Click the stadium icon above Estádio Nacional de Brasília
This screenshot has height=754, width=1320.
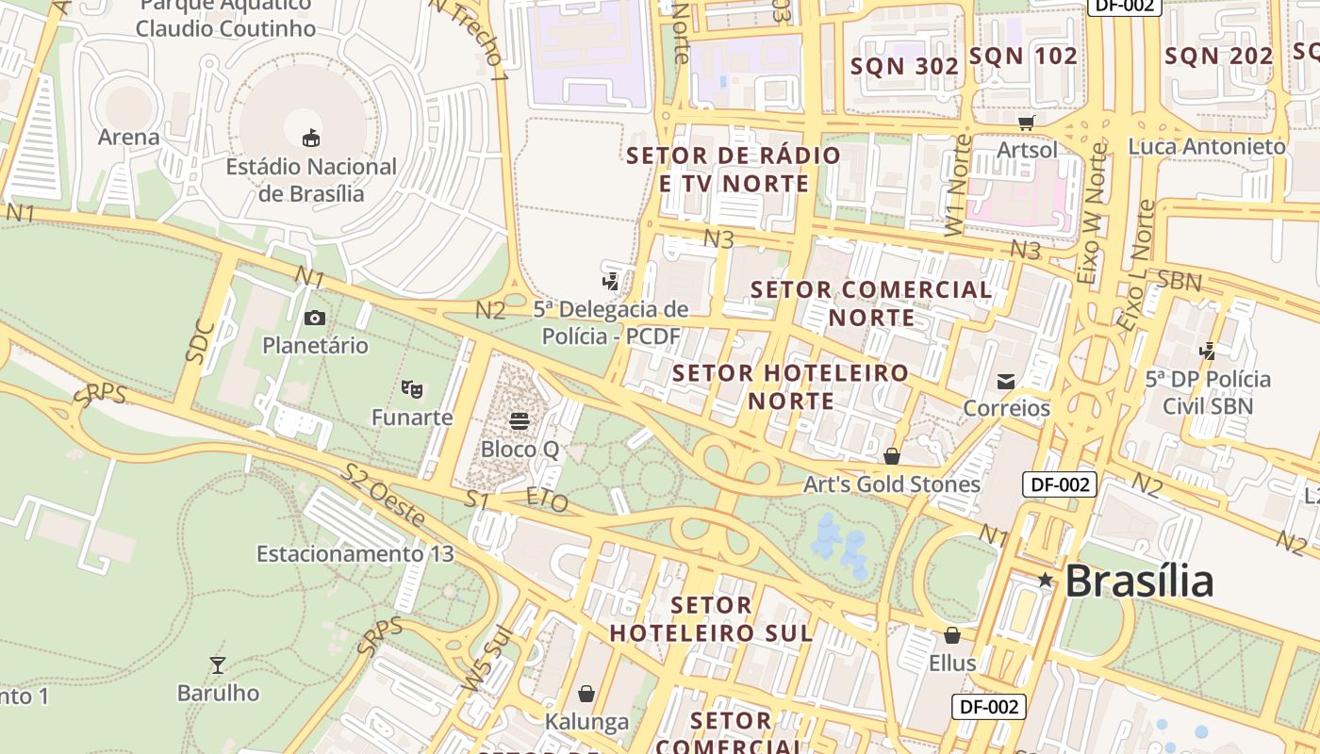pyautogui.click(x=310, y=139)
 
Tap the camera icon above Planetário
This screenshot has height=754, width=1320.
pyautogui.click(x=315, y=318)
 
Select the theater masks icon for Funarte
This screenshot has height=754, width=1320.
pyautogui.click(x=411, y=388)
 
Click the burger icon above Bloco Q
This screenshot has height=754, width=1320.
pyautogui.click(x=520, y=420)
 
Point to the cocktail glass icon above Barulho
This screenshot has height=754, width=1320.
pyautogui.click(x=218, y=665)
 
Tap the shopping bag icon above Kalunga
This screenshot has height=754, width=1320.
pyautogui.click(x=586, y=695)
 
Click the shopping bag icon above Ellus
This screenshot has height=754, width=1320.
pyautogui.click(x=952, y=635)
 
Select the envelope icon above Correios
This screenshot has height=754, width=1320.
pyautogui.click(x=1006, y=381)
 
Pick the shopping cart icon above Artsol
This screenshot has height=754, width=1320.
pyautogui.click(x=1027, y=123)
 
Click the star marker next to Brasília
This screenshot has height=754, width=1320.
pyautogui.click(x=1045, y=580)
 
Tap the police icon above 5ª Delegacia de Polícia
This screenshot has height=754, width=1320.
pyautogui.click(x=611, y=281)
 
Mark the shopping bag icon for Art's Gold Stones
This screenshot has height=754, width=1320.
pyautogui.click(x=892, y=457)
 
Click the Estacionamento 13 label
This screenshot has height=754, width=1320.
pyautogui.click(x=355, y=553)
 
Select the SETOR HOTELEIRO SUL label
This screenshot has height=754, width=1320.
pyautogui.click(x=712, y=618)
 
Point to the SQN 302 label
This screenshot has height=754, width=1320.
pyautogui.click(x=904, y=66)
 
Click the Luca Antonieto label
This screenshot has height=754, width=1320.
pyautogui.click(x=1207, y=147)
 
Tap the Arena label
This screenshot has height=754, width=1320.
pyautogui.click(x=129, y=138)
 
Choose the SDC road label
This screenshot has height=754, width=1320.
pyautogui.click(x=201, y=342)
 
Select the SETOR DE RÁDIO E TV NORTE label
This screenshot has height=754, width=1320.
pyautogui.click(x=734, y=169)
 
